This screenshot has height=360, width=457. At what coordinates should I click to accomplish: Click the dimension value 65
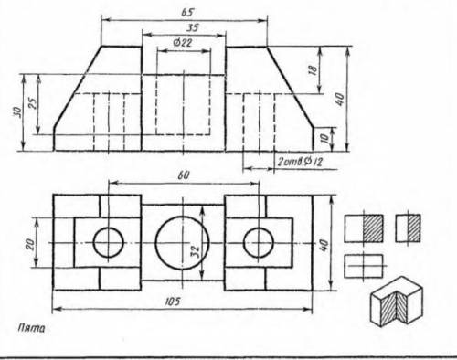tap(187, 13)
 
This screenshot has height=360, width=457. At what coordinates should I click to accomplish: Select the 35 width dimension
tap(192, 27)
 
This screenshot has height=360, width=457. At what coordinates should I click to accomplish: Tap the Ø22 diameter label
tap(183, 43)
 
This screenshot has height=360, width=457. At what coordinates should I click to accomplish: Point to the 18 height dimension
tap(313, 69)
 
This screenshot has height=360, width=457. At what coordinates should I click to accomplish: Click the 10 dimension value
tap(325, 138)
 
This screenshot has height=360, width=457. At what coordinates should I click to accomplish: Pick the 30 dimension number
tap(17, 111)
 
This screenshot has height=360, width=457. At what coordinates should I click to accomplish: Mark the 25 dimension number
tap(33, 103)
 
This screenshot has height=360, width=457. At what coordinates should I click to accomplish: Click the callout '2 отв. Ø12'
tap(300, 162)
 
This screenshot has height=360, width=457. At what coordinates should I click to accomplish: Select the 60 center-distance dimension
tap(183, 175)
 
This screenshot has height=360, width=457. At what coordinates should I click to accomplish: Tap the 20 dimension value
tap(30, 244)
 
